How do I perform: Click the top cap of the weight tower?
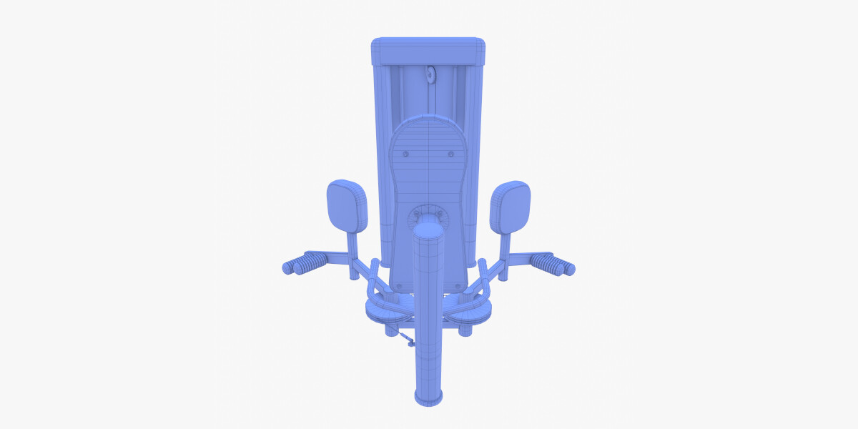(x=428, y=50)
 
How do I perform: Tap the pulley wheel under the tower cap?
(x=430, y=74)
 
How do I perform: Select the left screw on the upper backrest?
(x=406, y=154)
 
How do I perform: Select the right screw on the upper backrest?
(x=450, y=154)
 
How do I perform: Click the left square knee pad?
(x=347, y=205)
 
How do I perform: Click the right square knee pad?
(x=511, y=205)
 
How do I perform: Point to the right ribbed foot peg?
(x=556, y=265)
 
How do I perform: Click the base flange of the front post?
(x=429, y=397)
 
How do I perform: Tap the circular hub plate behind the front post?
(x=428, y=214)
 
